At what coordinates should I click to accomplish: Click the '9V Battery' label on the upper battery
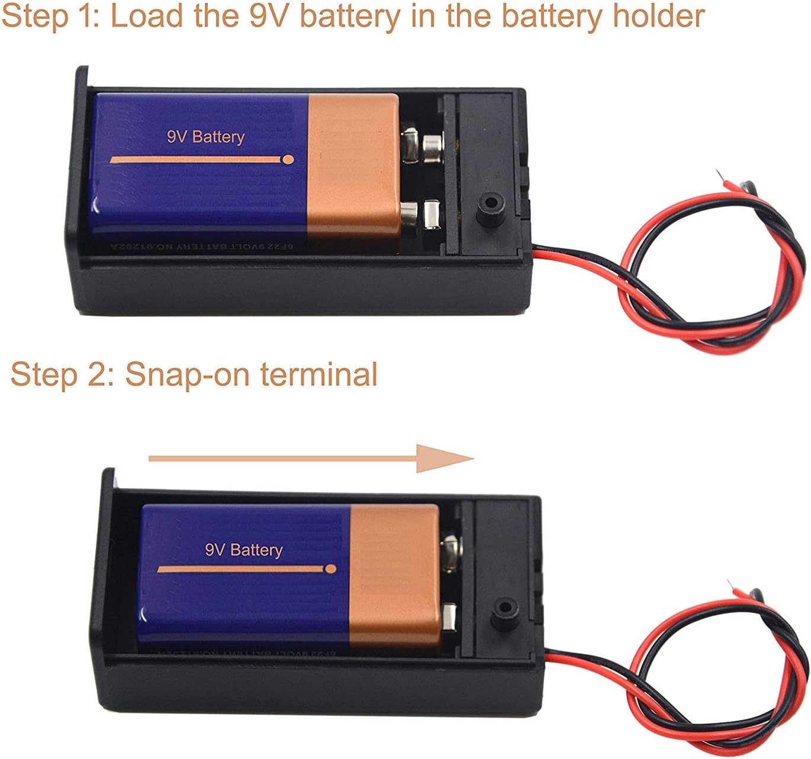205,137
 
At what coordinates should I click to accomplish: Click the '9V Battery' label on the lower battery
244,550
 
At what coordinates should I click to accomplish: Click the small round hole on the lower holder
504,608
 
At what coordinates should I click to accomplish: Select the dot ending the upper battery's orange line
288,159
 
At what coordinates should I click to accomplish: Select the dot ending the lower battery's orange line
330,569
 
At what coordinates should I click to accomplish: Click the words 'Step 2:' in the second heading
62,374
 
